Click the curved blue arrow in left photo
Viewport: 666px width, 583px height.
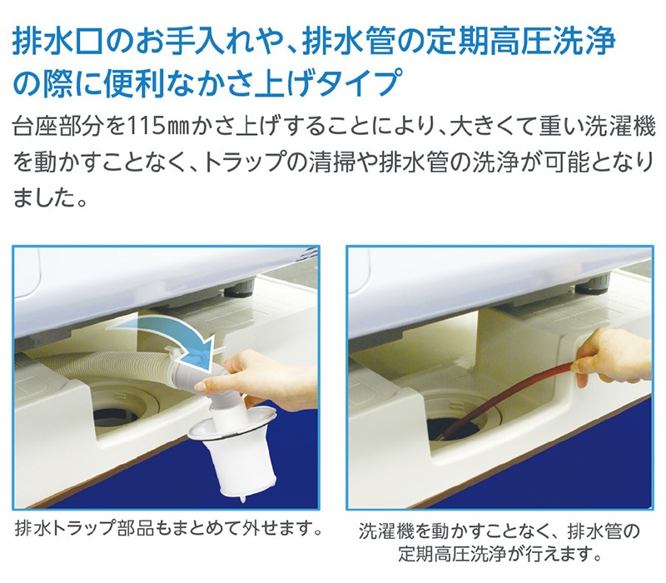point(175,329)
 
